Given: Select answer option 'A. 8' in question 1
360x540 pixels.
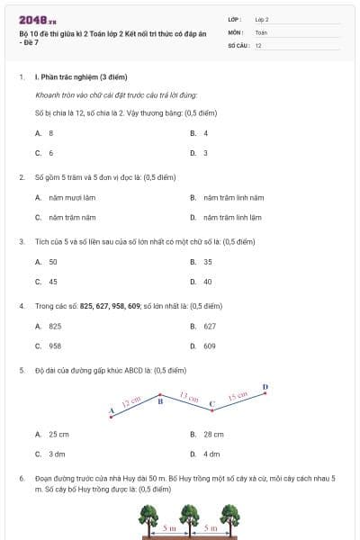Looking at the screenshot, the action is pos(44,132).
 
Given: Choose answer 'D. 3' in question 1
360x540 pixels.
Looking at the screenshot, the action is pos(199,153).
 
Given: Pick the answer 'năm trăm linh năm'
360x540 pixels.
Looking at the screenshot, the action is pos(232,197).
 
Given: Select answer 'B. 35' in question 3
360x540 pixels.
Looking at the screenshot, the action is pos(202,261).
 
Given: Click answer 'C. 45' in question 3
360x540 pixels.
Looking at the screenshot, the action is pos(47,281).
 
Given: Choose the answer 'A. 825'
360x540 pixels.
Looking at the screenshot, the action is pos(49,326).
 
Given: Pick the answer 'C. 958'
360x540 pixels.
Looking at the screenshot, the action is pos(49,346).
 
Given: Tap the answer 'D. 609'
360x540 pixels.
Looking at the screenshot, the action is pos(203,346).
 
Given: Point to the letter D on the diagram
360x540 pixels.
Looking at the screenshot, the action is pos(265,388).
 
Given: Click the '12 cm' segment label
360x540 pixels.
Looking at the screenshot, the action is pos(132,402).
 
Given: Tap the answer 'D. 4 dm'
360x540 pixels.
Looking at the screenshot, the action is pos(205,454).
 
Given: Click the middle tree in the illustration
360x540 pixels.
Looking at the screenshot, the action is pos(189,517).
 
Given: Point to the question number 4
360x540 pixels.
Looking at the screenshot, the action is pos(21,306).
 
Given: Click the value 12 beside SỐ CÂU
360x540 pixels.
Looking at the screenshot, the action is pos(258,44).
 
